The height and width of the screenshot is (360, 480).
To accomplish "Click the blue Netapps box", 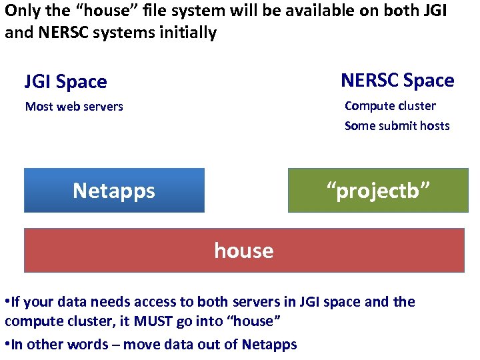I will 114,191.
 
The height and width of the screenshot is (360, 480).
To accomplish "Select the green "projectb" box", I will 377,191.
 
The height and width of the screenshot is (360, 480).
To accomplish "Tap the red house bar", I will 244,251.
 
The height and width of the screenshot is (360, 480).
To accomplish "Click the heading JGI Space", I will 65,82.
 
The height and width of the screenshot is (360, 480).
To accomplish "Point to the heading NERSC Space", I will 397,81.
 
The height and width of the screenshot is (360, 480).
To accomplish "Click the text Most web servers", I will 74,107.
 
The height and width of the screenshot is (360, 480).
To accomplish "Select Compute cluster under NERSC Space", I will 390,106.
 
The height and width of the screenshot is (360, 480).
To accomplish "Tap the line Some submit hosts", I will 397,126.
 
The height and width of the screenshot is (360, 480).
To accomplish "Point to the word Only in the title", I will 21,11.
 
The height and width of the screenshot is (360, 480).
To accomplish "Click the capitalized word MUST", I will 157,321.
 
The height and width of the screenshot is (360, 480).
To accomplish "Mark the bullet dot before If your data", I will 7,302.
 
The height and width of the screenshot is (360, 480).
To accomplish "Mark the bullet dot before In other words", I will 7,345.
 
